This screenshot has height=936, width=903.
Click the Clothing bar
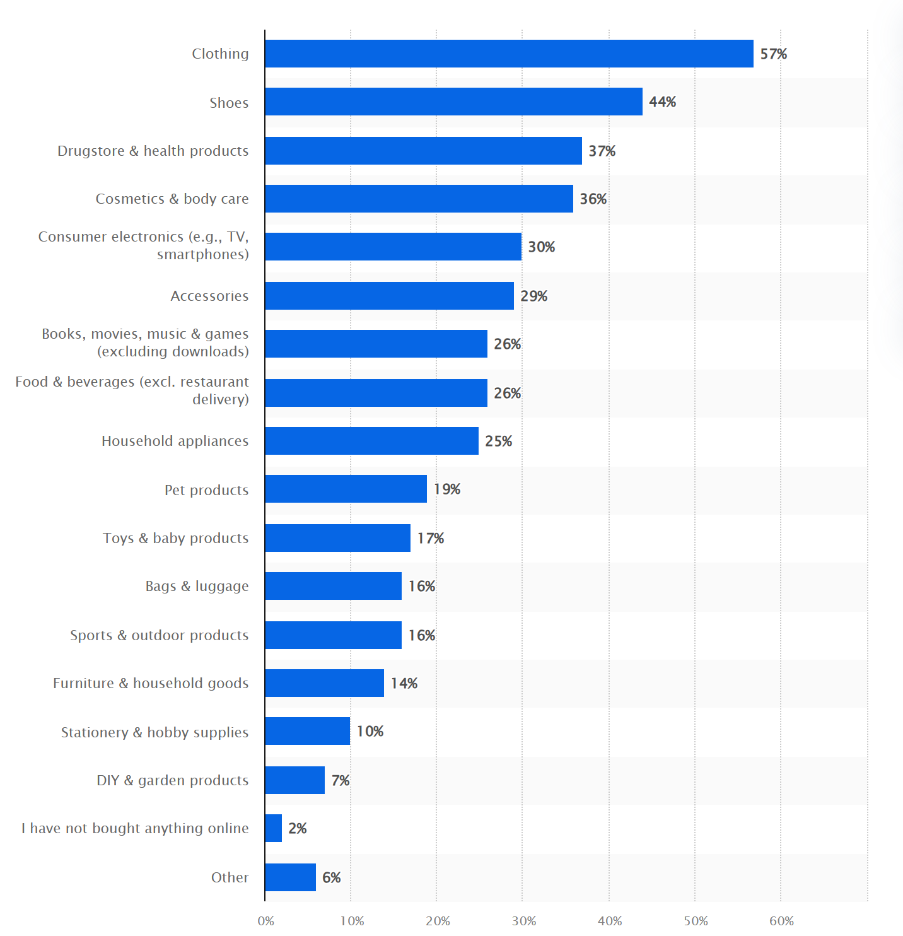(509, 54)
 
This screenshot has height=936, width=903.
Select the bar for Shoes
(453, 102)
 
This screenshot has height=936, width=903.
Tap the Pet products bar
(346, 489)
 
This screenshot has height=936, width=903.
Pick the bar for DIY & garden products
(294, 780)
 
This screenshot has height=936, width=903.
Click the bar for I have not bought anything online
(274, 828)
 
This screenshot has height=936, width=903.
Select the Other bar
(290, 877)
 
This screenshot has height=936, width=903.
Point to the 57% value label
(773, 54)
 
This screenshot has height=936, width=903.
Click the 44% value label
(662, 102)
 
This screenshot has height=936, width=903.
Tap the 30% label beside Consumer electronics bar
(541, 247)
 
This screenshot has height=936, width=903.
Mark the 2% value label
(297, 829)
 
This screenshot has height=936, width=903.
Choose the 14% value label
(404, 684)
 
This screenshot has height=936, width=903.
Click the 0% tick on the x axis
(266, 921)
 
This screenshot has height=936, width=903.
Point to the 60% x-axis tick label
(781, 921)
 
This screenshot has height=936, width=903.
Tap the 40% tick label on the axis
(609, 921)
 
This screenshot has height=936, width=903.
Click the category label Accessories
(209, 296)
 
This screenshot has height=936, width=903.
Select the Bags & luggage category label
(197, 586)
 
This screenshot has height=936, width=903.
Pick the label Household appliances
(175, 441)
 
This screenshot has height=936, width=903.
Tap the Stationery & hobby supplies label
(154, 732)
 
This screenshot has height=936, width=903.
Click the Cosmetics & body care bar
(419, 199)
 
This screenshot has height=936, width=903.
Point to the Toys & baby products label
(175, 538)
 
